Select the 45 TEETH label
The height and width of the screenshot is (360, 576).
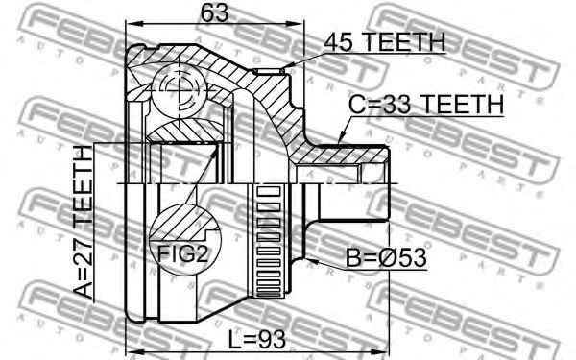(x=384, y=41)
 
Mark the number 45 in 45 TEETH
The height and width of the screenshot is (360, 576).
(x=339, y=41)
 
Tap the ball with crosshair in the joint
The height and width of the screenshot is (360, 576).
(x=177, y=90)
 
